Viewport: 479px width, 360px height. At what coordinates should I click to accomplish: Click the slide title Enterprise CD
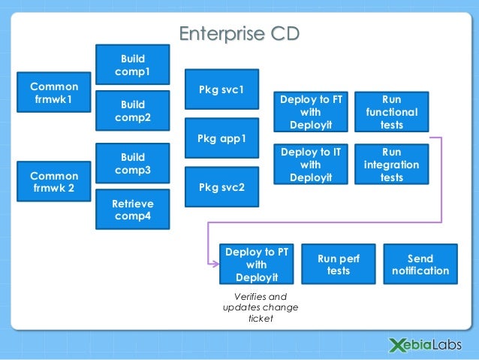pos(239,35)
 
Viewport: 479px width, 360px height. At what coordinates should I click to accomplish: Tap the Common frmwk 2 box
pos(53,181)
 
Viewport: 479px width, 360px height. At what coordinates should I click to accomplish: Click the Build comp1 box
pos(132,65)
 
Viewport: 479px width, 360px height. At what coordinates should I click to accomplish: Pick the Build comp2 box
pos(132,111)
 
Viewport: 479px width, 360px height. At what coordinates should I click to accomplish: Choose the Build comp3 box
pos(132,163)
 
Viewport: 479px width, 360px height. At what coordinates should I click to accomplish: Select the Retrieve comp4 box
pos(132,210)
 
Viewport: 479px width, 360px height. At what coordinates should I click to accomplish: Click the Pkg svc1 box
pos(221,90)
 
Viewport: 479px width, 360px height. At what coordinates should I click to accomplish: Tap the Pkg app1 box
pos(221,139)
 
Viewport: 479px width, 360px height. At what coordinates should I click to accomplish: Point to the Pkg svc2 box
pos(221,187)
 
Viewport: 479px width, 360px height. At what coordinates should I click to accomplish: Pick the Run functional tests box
pos(391,112)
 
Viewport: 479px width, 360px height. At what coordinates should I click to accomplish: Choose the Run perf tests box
pos(339,265)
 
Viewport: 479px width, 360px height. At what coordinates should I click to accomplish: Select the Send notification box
pos(420,265)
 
